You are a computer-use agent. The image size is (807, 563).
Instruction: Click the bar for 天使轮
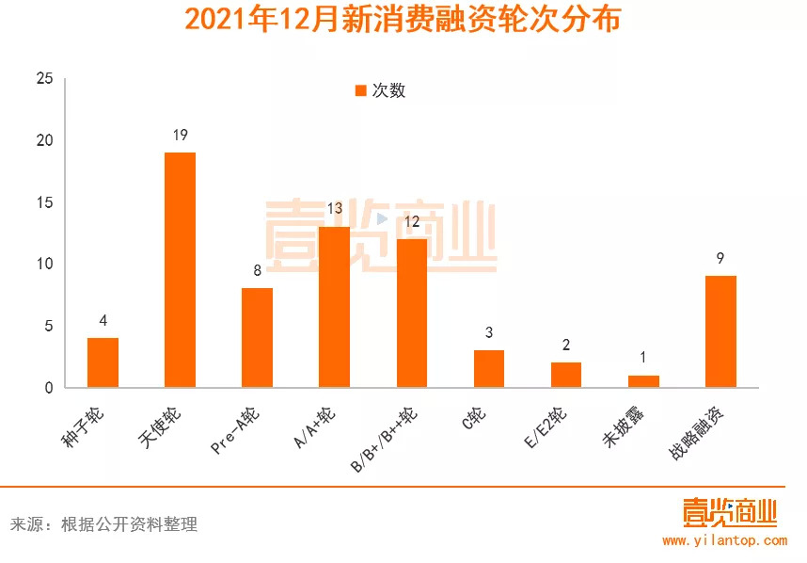pos(180,269)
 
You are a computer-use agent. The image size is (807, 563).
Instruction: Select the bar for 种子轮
pos(103,362)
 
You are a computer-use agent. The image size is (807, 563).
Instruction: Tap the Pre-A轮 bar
pos(257,337)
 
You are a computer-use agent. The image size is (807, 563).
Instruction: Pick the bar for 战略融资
pos(720,331)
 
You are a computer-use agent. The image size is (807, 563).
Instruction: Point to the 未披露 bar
pos(643,381)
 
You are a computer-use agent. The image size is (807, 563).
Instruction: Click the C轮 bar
pos(489,368)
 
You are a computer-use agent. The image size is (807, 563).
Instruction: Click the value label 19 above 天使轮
pos(180,136)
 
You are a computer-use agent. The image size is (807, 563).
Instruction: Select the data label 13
pos(335,209)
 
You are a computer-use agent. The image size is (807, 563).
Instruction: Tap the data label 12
pos(412,222)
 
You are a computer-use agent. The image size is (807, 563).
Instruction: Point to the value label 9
pos(720,259)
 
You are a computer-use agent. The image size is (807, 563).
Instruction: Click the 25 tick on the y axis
pos(44,79)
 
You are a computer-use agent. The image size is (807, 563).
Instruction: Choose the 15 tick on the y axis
pos(44,202)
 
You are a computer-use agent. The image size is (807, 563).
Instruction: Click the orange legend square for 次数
pos(360,90)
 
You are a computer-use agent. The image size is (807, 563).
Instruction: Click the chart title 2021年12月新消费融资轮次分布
pos(403,20)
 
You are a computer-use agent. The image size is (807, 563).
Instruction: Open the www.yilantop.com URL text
pos(724,540)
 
